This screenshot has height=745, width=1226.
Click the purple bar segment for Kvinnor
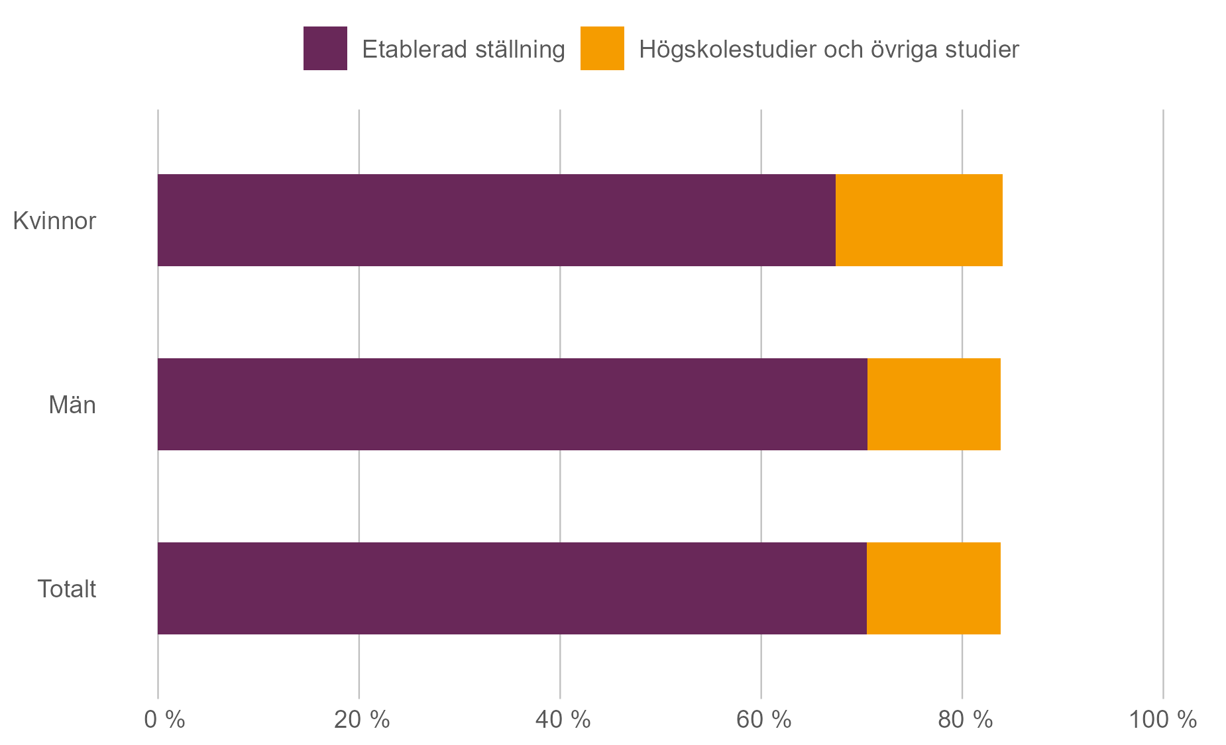496,221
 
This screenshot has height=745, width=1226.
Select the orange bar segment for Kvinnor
919,221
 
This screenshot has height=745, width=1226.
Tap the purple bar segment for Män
512,405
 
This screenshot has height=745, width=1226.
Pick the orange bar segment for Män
933,405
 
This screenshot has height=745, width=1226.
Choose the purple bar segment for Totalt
512,589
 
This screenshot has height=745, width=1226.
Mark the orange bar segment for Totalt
933,589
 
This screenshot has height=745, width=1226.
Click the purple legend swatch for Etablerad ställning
325,48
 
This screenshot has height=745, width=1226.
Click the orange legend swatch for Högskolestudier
602,48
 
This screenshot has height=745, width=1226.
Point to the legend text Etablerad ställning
463,50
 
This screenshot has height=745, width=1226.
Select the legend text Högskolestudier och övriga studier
828,50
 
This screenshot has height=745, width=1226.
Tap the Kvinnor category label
54,221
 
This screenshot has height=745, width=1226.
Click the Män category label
72,405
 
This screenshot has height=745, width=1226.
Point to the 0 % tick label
164,720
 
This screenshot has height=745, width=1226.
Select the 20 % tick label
361,720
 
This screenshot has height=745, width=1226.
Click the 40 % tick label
563,720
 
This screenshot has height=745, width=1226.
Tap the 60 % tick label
763,720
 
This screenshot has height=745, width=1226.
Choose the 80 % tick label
965,720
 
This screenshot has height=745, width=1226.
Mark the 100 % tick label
1162,720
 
